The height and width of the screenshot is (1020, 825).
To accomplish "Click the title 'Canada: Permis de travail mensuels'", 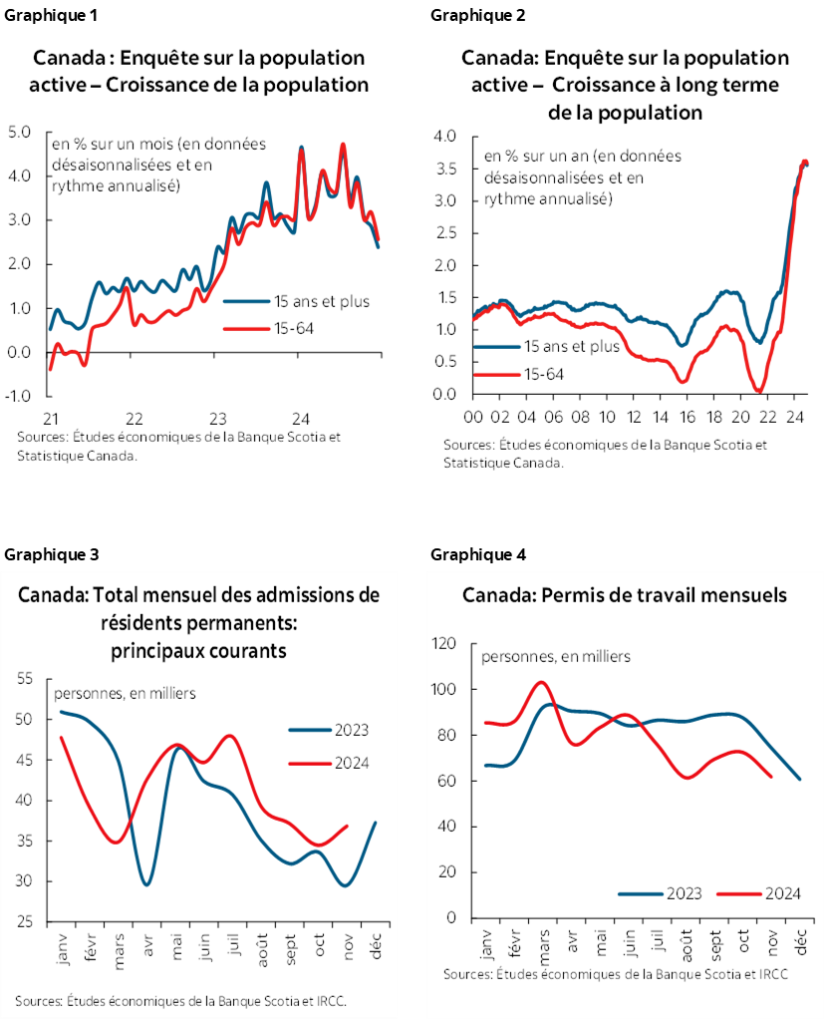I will point(625,595).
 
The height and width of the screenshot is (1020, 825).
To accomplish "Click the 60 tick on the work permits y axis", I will point(447,781).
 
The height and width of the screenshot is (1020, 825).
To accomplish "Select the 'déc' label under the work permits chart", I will point(801,941).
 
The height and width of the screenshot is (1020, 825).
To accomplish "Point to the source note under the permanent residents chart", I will point(184,999).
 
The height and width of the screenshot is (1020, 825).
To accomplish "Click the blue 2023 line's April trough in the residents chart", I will point(147,884).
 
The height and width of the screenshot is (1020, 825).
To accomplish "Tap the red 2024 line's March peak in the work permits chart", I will point(540,682).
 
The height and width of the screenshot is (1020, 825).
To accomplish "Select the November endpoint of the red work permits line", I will point(772,777).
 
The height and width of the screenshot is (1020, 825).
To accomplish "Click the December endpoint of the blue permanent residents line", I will point(374,823).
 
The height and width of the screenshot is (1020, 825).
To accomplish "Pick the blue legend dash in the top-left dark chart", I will point(246,299).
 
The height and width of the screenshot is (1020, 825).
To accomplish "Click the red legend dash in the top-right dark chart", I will point(497,374).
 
